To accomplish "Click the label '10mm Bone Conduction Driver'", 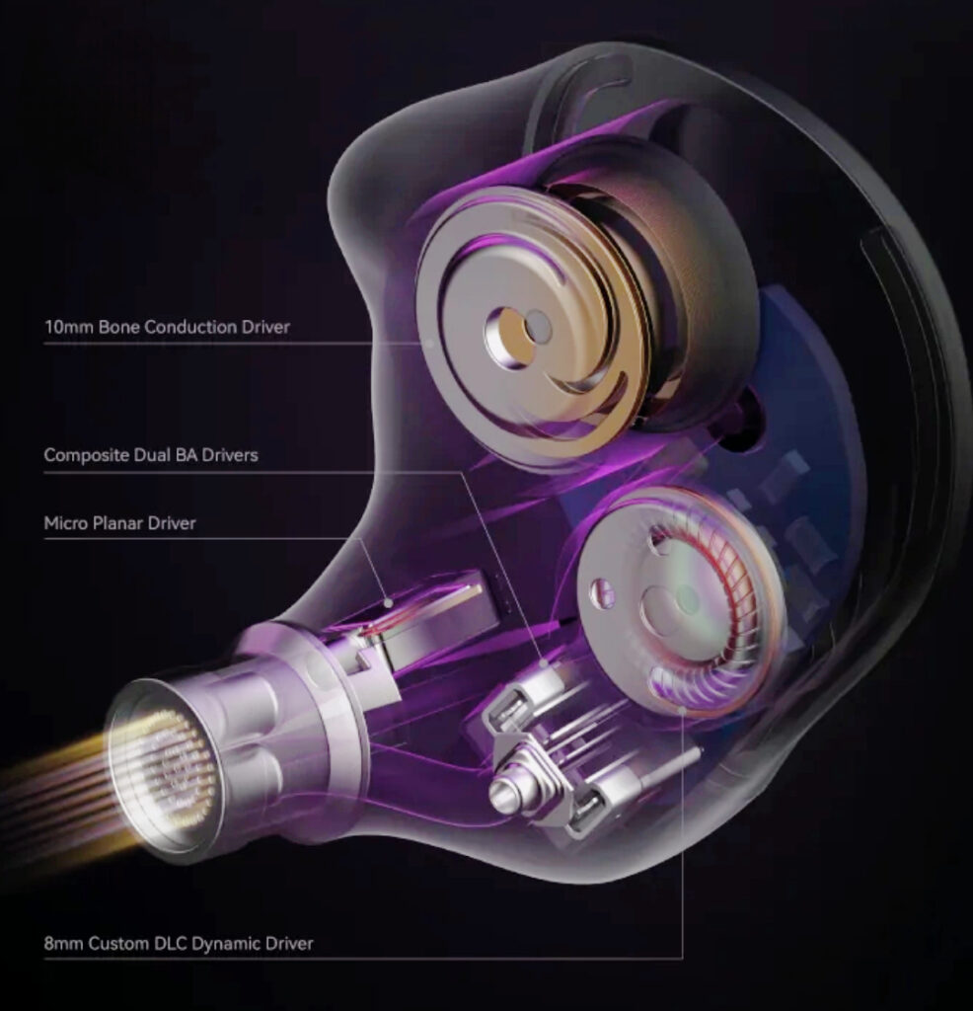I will coord(167,327).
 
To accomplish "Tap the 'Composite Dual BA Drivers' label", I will coord(151,456).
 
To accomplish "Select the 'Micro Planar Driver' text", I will coord(119,523).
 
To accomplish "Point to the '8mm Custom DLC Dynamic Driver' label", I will coord(179,943).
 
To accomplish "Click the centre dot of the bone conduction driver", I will coord(538,325).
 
